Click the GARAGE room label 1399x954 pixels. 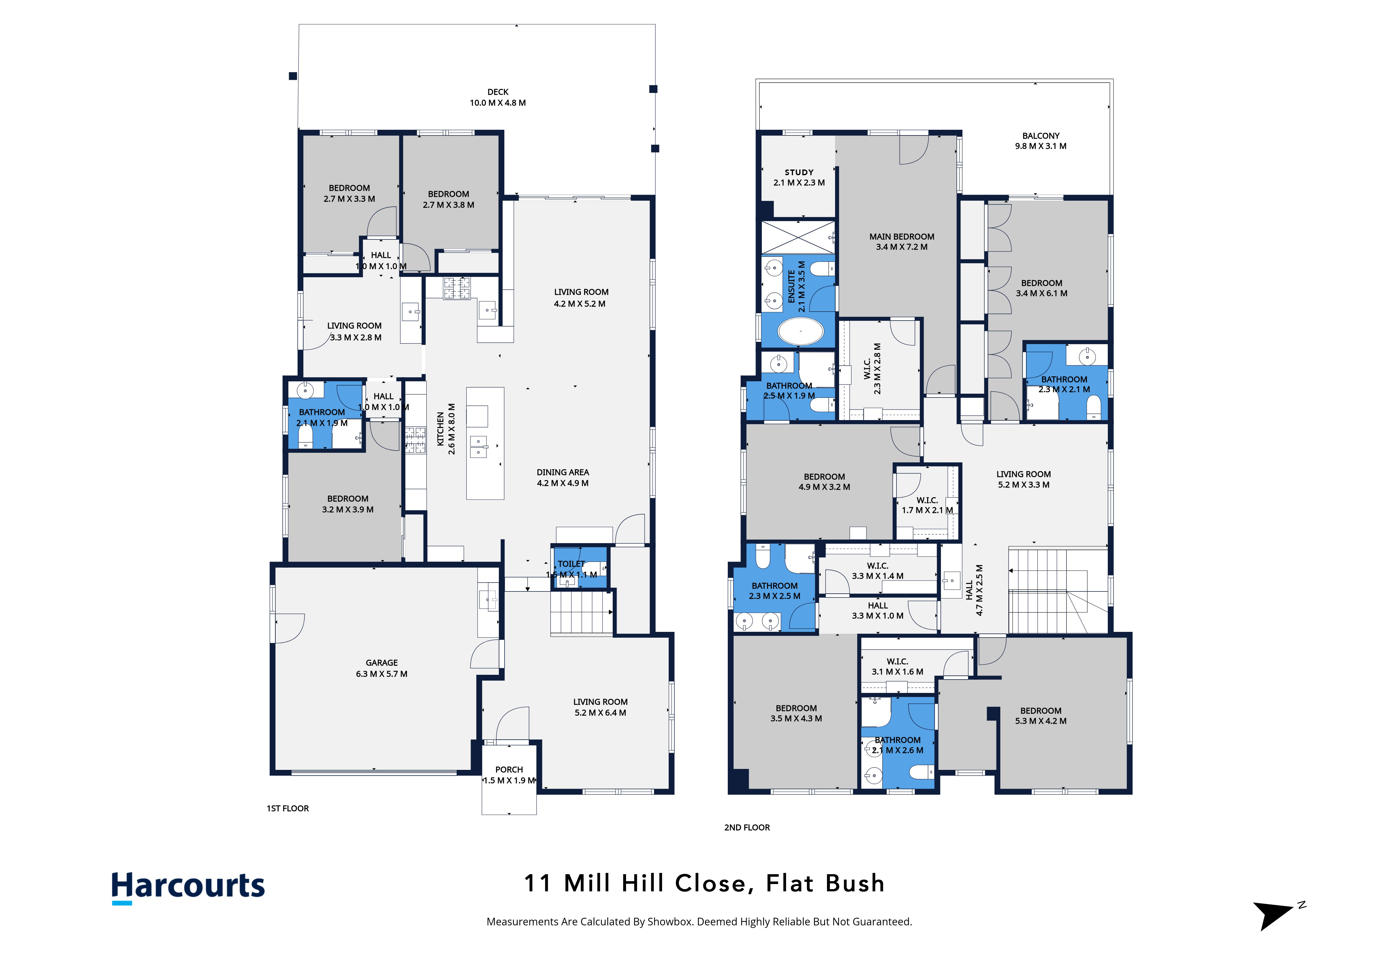382,663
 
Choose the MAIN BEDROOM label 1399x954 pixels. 902,237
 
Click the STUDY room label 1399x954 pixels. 799,172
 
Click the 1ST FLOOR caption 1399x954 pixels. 288,808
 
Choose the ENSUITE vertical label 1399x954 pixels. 792,287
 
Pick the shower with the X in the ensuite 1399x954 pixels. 798,237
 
